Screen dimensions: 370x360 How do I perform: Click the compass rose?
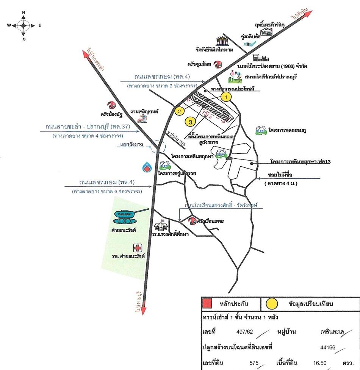pos(23,26)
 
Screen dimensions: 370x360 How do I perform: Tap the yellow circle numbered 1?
pos(226,97)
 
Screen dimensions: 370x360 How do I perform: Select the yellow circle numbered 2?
pos(179,111)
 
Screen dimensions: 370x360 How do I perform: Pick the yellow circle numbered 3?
pos(190,121)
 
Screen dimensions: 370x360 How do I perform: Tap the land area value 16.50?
pos(319,363)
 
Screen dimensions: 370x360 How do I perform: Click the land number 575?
pos(254,363)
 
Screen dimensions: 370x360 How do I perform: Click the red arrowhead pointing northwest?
pos(86,54)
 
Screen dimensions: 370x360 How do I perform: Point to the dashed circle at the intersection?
pos(158,145)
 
